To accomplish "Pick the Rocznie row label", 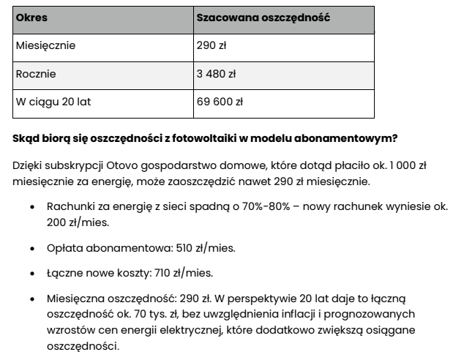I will click(36, 74).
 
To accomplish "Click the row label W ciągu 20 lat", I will click(53, 102).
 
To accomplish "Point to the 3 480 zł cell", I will click(216, 74).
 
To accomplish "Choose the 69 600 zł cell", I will click(220, 102).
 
